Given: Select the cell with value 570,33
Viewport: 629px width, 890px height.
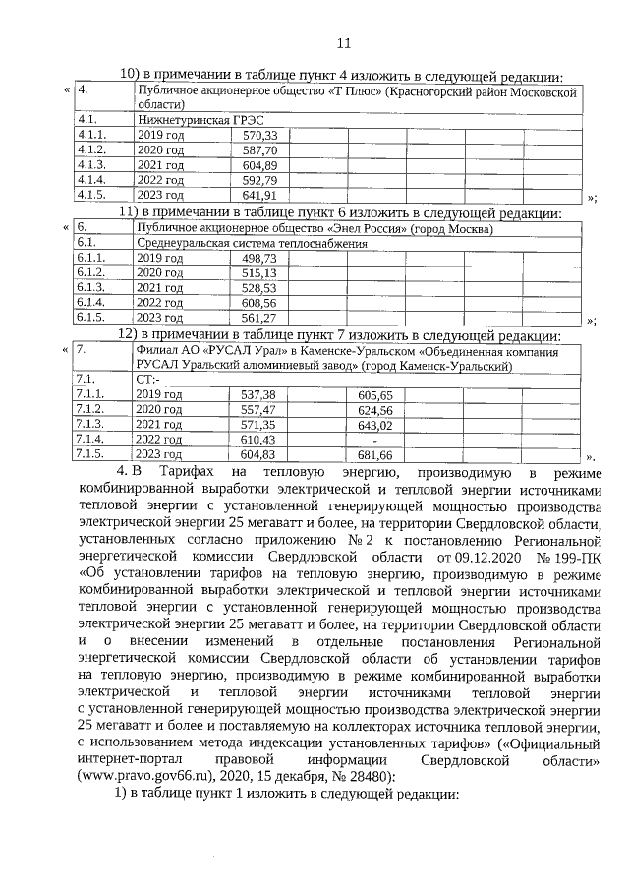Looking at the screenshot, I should point(260,135).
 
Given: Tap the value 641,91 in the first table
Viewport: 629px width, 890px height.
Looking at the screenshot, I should point(260,196).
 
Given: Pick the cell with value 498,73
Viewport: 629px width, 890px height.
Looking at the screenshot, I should point(259,257).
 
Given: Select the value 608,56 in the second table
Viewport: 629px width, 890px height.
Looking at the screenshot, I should point(259,303).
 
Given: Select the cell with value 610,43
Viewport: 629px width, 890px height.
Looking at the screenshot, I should point(258,440).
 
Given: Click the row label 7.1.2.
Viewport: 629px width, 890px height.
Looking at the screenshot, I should point(90,409).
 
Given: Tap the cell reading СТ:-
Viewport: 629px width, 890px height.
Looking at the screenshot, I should point(148,379).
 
